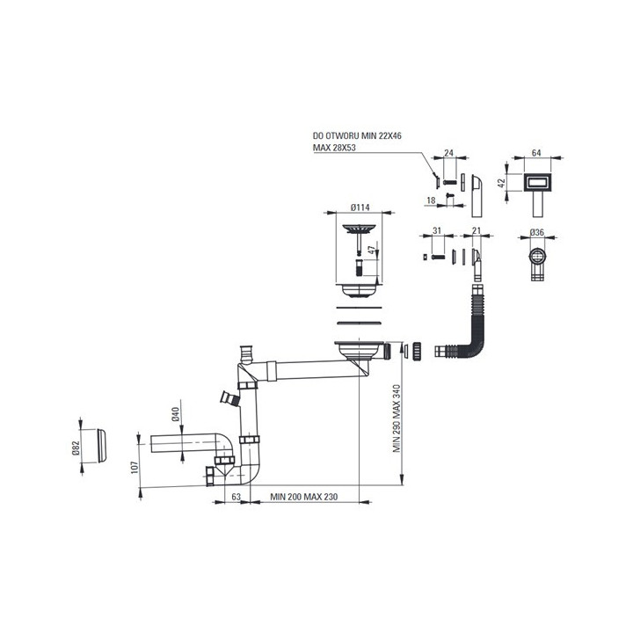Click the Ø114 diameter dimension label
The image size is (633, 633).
[x=360, y=207]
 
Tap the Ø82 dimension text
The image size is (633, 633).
[x=76, y=447]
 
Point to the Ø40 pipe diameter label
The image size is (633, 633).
[x=175, y=415]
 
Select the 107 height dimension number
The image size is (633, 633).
[x=135, y=468]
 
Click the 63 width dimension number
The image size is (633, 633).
[x=236, y=497]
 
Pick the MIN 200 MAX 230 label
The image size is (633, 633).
[x=303, y=497]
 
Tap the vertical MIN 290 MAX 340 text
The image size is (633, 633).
[x=397, y=418]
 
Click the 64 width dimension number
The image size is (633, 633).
[x=536, y=153]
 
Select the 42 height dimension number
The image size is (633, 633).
[x=501, y=183]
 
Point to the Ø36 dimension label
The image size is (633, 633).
[x=537, y=232]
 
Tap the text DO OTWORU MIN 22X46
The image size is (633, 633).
[x=357, y=136]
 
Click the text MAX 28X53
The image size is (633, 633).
[x=334, y=148]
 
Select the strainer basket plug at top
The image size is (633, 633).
[x=359, y=239]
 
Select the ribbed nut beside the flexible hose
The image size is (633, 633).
[x=417, y=351]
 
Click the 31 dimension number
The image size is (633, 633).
[x=437, y=230]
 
